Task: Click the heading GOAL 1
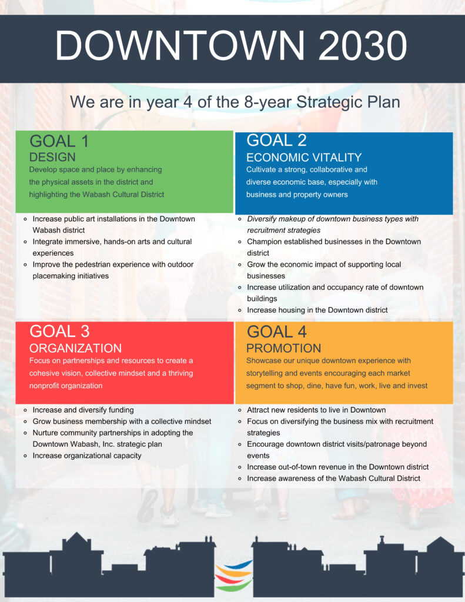[x=59, y=141]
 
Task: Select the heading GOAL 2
[x=276, y=140]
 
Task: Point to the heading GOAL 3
[x=59, y=332]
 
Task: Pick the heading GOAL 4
[x=276, y=332]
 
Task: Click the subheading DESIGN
[x=52, y=157]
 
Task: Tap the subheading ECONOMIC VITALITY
[x=304, y=158]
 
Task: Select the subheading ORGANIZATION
[x=76, y=348]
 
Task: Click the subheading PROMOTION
[x=284, y=348]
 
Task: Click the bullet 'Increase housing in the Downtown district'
[x=317, y=310]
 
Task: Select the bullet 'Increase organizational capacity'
[x=87, y=456]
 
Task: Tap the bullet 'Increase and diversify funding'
[x=83, y=410]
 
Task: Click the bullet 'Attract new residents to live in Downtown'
[x=316, y=410]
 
